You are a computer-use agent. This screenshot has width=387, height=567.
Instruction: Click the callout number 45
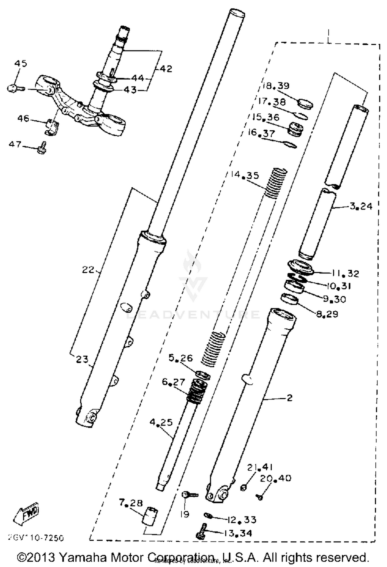(20, 63)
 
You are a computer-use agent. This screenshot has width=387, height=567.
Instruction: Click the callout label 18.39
(276, 86)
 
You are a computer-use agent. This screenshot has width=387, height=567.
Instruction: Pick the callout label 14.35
(245, 175)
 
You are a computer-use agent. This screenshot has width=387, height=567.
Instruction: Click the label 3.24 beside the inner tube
(361, 206)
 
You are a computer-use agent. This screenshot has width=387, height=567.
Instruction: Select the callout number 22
(88, 270)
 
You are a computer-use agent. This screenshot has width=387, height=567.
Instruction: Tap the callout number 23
(82, 359)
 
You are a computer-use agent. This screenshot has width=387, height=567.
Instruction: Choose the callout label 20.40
(275, 478)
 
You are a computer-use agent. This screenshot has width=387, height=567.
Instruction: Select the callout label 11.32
(345, 273)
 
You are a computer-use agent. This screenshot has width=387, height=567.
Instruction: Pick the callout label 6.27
(173, 381)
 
